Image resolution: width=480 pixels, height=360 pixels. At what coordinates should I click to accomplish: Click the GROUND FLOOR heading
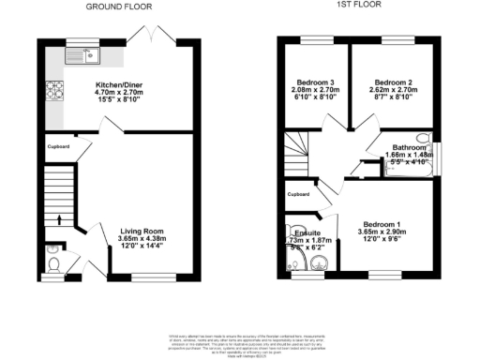click(119, 6)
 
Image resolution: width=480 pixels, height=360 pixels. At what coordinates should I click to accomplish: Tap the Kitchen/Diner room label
click(119, 86)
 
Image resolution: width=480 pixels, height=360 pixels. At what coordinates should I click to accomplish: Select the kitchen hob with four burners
click(52, 90)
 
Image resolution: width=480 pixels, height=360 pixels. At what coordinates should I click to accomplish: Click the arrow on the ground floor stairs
click(59, 220)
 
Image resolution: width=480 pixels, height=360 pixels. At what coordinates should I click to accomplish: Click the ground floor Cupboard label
click(58, 147)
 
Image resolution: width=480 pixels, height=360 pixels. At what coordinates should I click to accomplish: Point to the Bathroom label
click(409, 147)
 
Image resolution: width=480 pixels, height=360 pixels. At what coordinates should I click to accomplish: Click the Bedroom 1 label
click(382, 223)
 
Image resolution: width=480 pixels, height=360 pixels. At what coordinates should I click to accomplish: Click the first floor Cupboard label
click(298, 195)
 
